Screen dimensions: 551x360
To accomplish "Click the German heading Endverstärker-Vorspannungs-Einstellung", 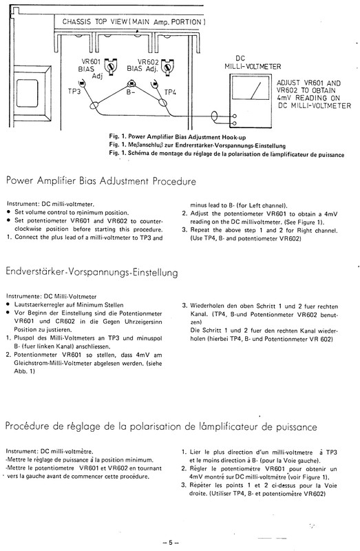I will click(92, 273).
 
